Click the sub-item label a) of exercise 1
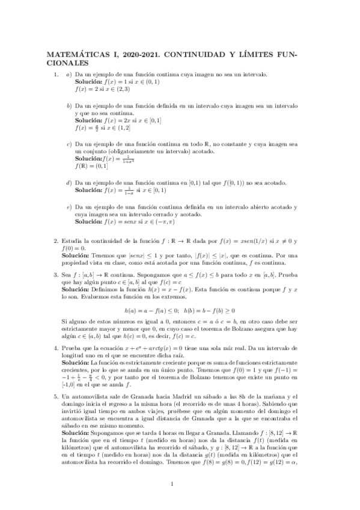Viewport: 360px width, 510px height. (x=69, y=74)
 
